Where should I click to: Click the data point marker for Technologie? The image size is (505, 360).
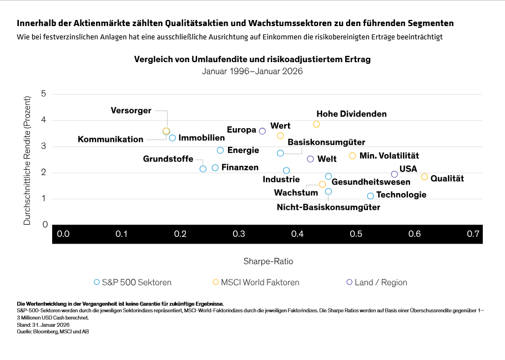coord(371,196)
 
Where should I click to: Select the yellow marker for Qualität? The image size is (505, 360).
coord(425,177)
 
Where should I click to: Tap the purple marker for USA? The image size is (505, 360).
coord(395,174)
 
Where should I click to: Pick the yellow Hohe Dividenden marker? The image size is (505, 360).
coord(316,124)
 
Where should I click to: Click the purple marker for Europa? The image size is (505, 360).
coord(262,131)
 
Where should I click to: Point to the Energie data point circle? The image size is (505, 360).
coord(220,150)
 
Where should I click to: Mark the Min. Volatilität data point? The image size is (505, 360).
coord(352,156)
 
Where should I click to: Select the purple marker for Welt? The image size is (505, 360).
coord(310,159)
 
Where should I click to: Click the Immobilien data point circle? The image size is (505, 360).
coord(173,138)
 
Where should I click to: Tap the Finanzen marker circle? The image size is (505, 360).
coord(215,168)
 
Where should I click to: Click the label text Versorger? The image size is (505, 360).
coord(131,110)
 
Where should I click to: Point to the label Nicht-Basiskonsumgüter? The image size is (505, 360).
coord(328,207)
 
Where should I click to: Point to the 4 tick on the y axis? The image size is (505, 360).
coord(43,120)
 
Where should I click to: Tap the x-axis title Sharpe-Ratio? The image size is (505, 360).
coord(268,261)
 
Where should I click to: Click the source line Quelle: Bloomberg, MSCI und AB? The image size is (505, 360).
coord(53,331)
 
